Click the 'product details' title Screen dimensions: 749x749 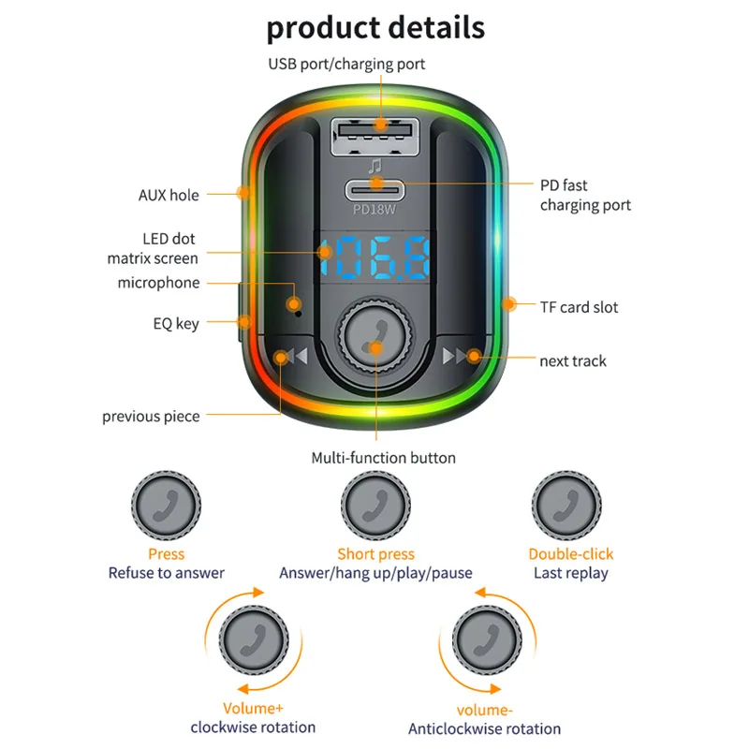375,27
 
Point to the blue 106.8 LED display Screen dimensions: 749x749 374,259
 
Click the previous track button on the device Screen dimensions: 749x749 284,356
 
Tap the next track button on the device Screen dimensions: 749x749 463,356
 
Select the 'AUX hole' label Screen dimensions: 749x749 169,195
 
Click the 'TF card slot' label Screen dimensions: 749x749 579,307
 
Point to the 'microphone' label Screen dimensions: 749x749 158,283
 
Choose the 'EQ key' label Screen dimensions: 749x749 176,324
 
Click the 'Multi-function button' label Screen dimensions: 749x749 383,458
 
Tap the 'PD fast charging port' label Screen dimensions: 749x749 584,195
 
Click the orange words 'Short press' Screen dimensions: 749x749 375,554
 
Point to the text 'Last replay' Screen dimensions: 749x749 570,573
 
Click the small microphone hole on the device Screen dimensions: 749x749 296,303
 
